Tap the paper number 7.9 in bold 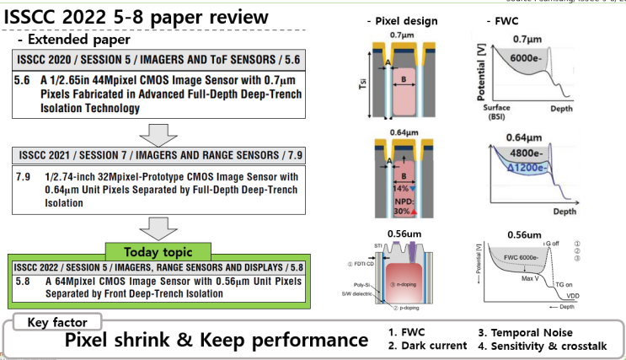pyautogui.click(x=24, y=179)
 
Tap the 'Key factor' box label pyautogui.click(x=53, y=321)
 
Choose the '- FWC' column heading pyautogui.click(x=502, y=20)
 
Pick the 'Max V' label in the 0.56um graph pyautogui.click(x=532, y=279)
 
